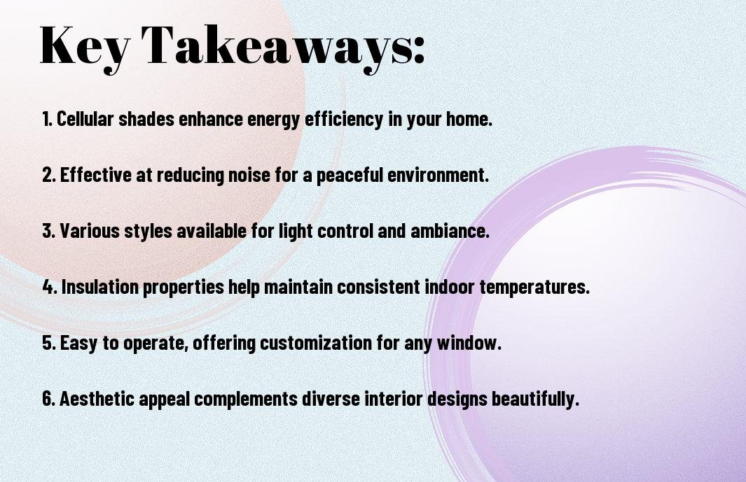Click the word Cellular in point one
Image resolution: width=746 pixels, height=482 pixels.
click(x=85, y=119)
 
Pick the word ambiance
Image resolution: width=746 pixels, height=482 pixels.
click(x=450, y=231)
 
